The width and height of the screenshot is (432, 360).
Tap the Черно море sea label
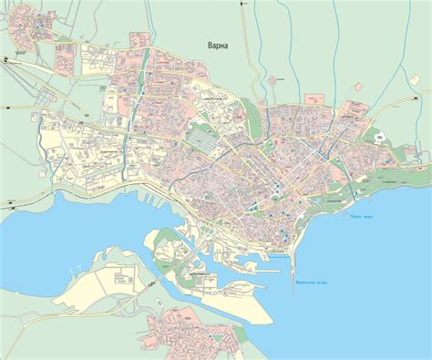coord(361,216)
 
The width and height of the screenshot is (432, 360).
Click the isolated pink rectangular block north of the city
coord(139,39)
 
